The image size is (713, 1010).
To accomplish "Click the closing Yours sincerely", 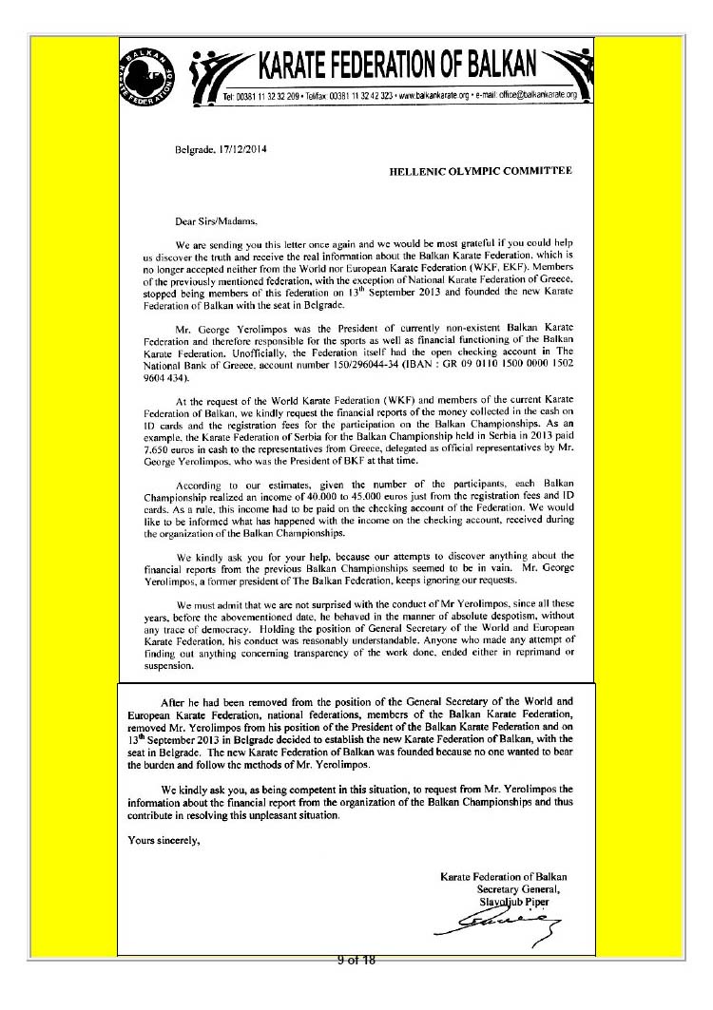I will coord(163,838).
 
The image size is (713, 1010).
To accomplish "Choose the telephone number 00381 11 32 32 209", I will coord(269,97).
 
